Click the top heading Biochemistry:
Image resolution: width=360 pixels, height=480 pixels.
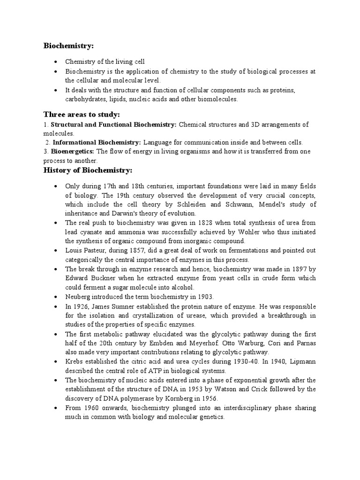[x=69, y=45]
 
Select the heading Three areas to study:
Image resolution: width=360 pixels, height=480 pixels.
[x=82, y=115]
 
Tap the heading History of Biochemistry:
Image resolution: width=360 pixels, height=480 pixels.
[x=88, y=169]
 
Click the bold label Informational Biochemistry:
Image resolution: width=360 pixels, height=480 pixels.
[x=97, y=142]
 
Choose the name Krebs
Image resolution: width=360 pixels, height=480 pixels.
[x=75, y=361]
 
